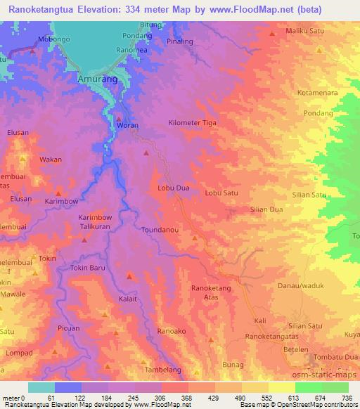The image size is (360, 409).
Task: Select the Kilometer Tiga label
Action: click(192, 123)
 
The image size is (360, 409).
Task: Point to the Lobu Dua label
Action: click(174, 188)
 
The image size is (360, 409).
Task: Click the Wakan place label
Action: click(51, 160)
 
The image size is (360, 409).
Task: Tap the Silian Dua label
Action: click(266, 209)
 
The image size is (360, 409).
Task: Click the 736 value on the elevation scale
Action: click(347, 398)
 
